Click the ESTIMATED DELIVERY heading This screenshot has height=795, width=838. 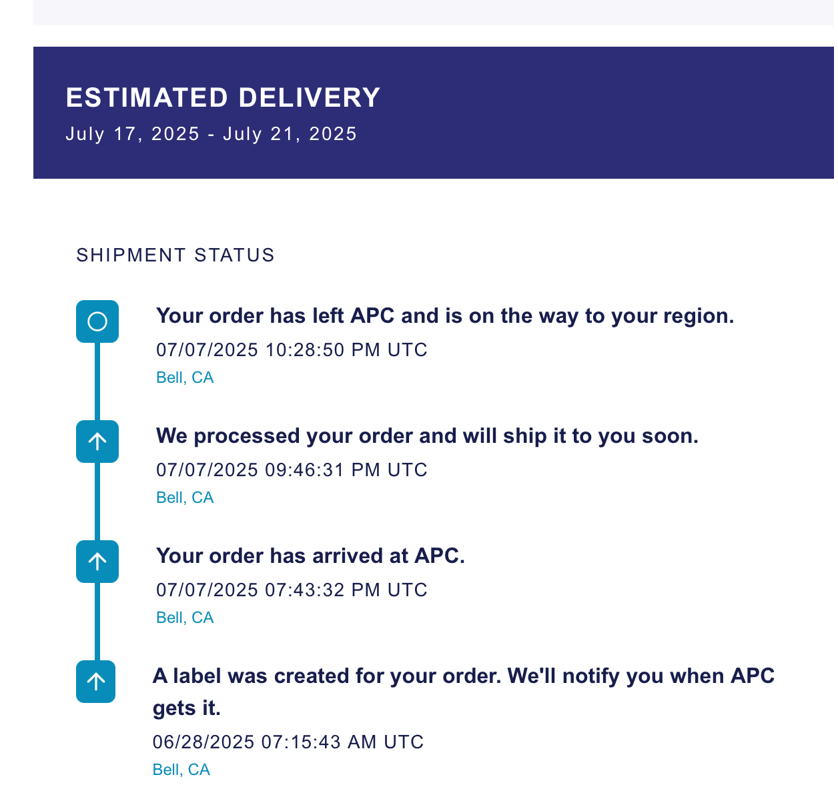click(223, 97)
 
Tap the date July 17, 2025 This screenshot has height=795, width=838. click(133, 134)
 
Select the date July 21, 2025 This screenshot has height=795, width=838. click(290, 134)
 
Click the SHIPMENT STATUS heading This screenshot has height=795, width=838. click(175, 255)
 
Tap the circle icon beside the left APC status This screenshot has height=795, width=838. click(97, 321)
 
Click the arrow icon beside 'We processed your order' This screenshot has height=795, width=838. click(97, 442)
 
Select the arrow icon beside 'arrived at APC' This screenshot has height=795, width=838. click(97, 562)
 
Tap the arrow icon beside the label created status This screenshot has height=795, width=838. click(96, 682)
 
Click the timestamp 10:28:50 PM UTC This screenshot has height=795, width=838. click(346, 350)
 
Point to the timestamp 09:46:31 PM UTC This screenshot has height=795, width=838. click(346, 470)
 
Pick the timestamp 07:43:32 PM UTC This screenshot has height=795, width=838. click(346, 590)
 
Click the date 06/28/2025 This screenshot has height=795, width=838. click(203, 742)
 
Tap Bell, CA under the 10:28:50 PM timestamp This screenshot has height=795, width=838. click(185, 377)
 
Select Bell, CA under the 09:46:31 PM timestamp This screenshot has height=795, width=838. click(185, 498)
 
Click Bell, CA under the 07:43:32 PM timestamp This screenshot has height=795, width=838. click(185, 618)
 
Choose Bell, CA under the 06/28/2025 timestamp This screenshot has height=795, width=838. click(181, 770)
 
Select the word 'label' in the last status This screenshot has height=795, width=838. click(197, 676)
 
